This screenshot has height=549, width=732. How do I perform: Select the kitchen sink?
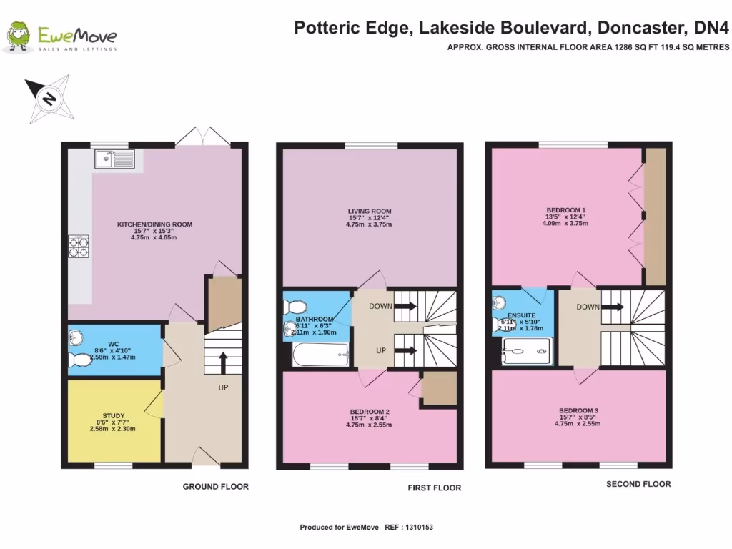coord(111,158)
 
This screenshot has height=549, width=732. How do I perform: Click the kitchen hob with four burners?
coord(78,246)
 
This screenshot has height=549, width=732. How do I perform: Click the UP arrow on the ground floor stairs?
coord(223,362)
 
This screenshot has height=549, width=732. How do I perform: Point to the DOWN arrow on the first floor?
coord(404,306)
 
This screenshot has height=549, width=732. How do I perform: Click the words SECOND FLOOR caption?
coord(638,484)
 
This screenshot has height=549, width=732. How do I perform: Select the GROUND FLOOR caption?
coord(215,487)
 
